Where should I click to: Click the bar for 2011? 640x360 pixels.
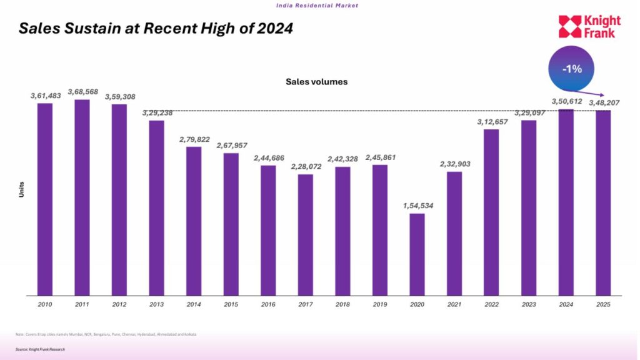pos(82,197)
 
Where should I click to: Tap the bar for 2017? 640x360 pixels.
pos(306,234)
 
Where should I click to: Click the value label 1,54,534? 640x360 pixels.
pos(417,205)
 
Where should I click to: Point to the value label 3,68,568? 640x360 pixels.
pos(82,91)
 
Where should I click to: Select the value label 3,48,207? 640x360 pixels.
pos(604,102)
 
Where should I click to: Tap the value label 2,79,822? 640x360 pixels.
pos(194,139)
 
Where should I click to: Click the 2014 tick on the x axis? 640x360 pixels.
pos(194,304)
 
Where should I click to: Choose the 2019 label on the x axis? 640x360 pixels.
pos(380,304)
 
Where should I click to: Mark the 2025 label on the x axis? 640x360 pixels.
pos(603,304)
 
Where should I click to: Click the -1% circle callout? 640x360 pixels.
pos(571,69)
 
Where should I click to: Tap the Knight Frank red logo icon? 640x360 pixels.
pos(569,27)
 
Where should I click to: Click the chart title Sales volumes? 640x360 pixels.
pos(316,81)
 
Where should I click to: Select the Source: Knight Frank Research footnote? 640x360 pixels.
pos(41,349)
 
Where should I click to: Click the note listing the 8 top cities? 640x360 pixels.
pos(106,334)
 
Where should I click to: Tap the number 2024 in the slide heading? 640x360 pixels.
pos(274,29)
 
